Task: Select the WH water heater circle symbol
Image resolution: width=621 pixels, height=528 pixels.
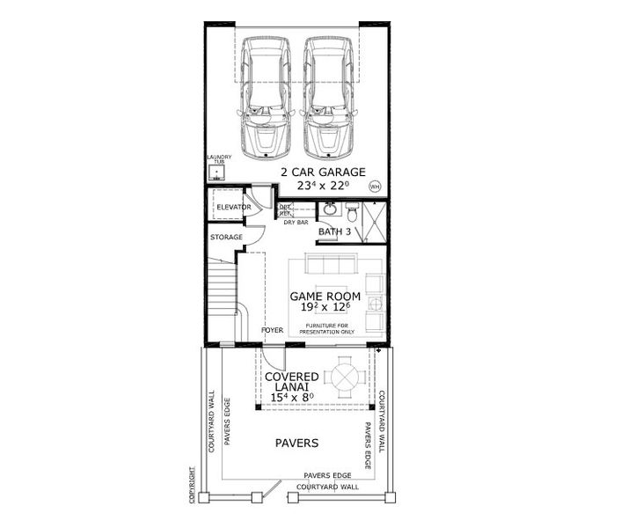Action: pos(376,187)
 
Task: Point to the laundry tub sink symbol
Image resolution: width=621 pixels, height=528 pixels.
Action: pos(216,174)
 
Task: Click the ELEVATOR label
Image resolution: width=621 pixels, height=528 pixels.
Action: pos(234,208)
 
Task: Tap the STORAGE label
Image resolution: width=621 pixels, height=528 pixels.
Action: pos(226,238)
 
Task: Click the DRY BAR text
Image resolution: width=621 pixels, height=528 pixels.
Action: pos(296,223)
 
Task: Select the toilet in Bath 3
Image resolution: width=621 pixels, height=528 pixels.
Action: pos(351,212)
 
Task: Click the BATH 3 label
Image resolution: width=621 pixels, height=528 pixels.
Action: pos(335,232)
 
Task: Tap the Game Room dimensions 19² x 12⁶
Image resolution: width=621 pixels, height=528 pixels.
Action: pos(325,308)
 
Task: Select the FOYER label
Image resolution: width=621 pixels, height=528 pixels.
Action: pos(273,331)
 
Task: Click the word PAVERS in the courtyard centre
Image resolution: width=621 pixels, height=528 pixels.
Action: pos(295,444)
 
